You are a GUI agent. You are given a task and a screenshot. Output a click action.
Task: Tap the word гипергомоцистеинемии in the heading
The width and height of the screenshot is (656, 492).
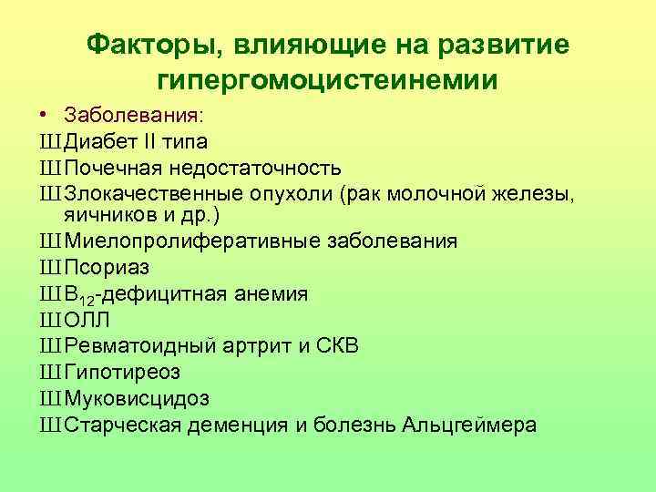tap(327, 79)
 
